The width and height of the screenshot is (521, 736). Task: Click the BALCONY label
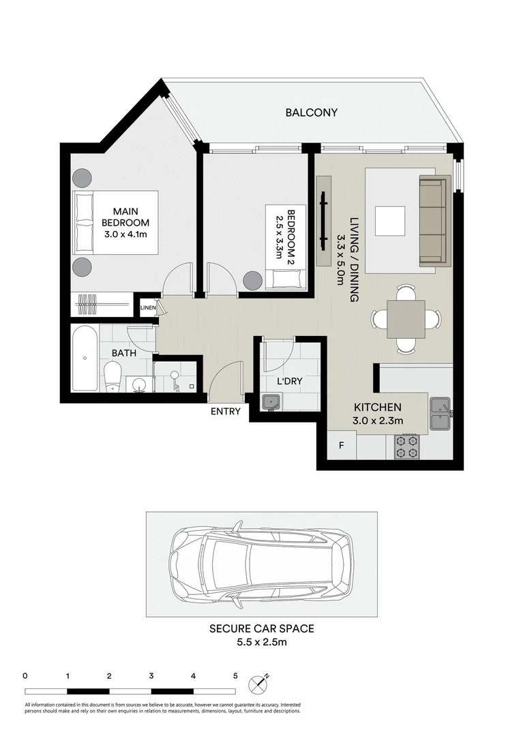pos(311,112)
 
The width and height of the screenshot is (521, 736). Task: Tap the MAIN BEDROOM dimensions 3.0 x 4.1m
pos(126,234)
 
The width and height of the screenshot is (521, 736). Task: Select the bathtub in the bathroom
pos(85,358)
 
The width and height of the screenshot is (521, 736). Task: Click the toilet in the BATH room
pos(113,376)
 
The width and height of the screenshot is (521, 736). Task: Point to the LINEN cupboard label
pos(148,308)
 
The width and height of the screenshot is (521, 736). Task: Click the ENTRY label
pos(225,411)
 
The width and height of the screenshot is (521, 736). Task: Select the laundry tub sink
pos(271,403)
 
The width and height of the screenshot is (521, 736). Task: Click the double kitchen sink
pos(441,414)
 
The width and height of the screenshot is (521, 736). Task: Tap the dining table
pos(406,319)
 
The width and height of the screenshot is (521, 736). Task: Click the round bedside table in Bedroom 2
pos(252,280)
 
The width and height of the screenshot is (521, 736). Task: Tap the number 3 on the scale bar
pos(151,677)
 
